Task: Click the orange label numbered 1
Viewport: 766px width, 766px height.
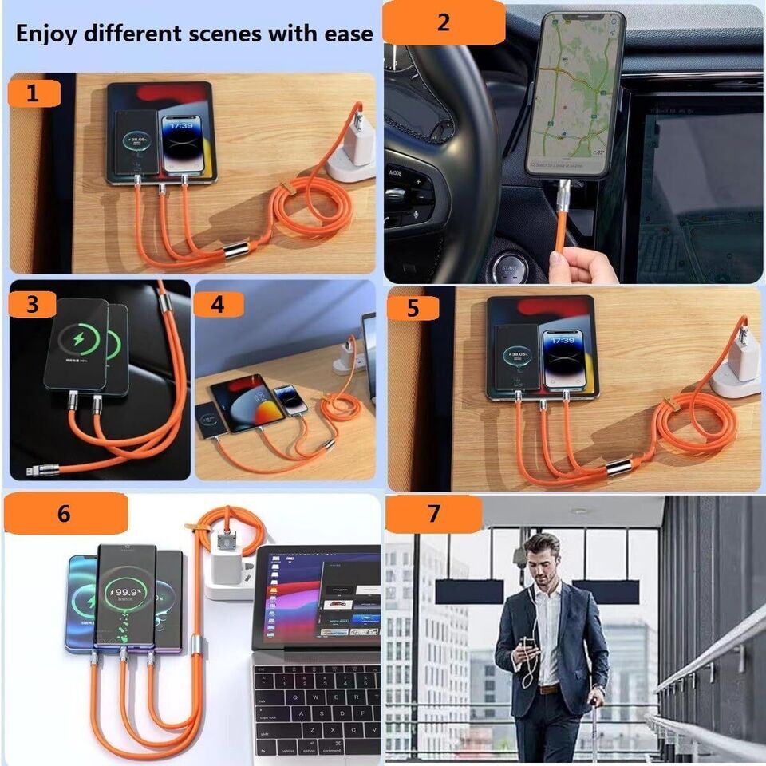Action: pyautogui.click(x=34, y=94)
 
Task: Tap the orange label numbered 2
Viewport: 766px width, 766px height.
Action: pyautogui.click(x=443, y=22)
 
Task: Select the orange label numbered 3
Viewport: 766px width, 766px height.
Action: pyautogui.click(x=32, y=304)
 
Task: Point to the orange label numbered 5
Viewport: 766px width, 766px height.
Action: pyautogui.click(x=413, y=308)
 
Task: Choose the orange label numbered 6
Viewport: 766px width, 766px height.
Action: pyautogui.click(x=65, y=513)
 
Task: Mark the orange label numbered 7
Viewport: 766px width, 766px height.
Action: pyautogui.click(x=433, y=514)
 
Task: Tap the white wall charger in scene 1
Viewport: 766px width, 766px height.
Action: pyautogui.click(x=351, y=144)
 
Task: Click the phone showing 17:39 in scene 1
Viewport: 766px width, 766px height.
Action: pyautogui.click(x=182, y=144)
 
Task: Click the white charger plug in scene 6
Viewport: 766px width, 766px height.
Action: pyautogui.click(x=229, y=571)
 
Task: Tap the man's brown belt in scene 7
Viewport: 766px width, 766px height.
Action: pyautogui.click(x=548, y=689)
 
